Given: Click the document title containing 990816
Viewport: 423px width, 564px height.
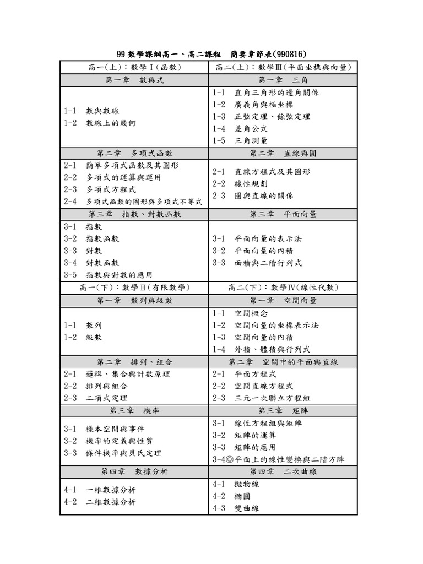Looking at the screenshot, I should coord(211,54).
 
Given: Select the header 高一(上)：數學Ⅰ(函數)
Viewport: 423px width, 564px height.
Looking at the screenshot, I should coord(134,67).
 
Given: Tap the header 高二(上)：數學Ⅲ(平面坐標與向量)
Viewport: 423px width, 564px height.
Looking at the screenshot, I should coord(283,67).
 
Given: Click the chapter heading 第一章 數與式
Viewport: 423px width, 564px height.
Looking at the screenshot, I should coord(134,80).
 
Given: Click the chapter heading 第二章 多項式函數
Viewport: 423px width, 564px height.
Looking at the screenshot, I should coord(134,153).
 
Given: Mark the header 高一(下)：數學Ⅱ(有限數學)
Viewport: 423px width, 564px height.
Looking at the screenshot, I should coord(134,288).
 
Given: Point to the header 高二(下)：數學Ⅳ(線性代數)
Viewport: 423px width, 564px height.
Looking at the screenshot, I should coord(283,288).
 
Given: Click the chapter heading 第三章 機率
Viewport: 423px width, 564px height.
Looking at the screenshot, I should coord(134,410).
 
